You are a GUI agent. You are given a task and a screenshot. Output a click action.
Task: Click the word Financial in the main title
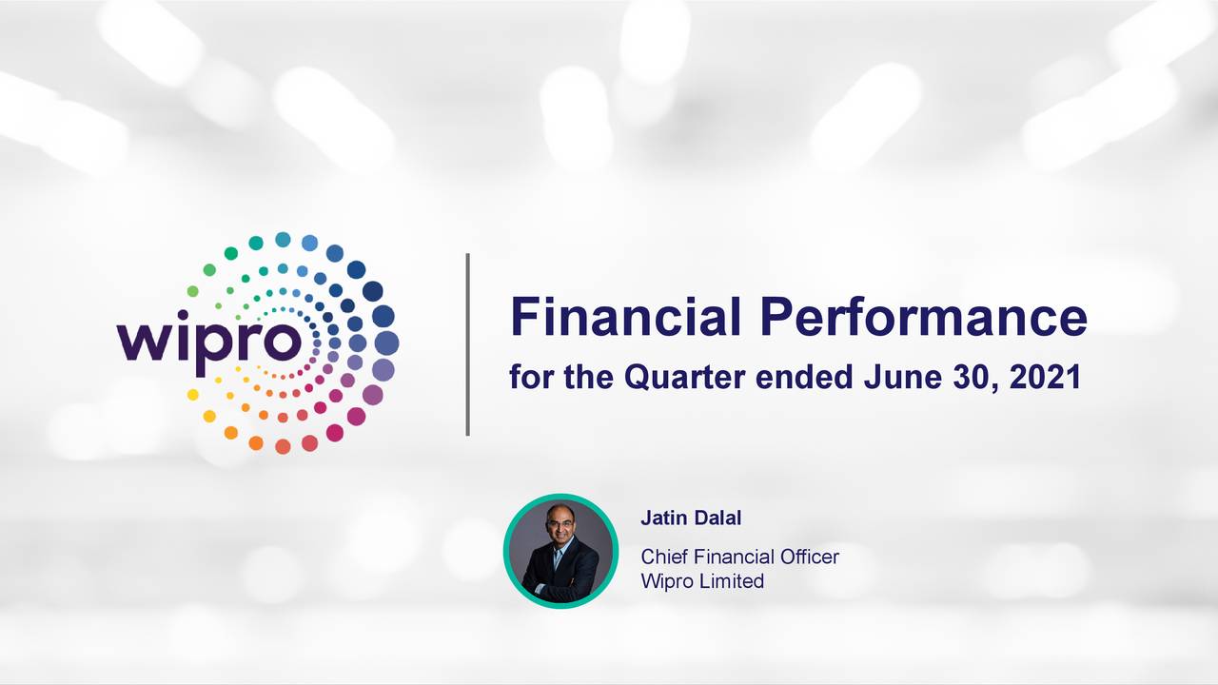(625, 317)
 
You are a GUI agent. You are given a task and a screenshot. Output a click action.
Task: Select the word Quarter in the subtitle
(684, 378)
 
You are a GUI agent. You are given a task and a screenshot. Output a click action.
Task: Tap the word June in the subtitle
(902, 377)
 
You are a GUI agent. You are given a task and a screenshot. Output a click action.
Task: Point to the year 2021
(1045, 377)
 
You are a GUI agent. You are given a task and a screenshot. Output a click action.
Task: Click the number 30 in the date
(972, 378)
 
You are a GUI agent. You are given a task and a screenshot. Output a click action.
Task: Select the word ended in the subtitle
(804, 377)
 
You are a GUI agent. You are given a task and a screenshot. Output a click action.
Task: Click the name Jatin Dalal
(691, 518)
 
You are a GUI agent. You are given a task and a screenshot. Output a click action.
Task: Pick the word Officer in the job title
(810, 557)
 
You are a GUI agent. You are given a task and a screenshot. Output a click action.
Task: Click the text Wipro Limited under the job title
(702, 581)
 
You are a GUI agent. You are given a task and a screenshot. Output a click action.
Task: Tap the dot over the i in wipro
(183, 316)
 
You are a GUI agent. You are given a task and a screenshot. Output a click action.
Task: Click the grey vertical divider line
(467, 344)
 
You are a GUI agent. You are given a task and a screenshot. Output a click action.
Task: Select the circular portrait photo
(560, 551)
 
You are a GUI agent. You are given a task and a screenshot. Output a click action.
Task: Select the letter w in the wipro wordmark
(145, 342)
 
